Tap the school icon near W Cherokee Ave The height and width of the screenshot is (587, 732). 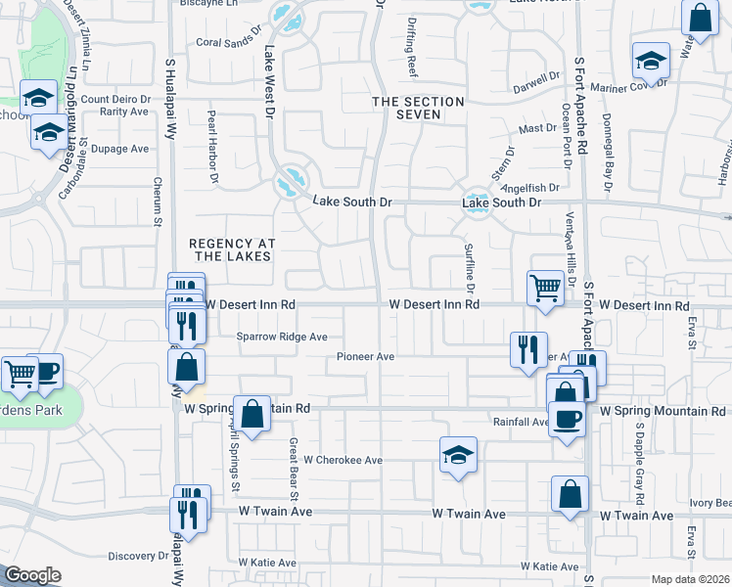[457, 454]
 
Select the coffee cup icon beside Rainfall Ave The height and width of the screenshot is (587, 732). [567, 419]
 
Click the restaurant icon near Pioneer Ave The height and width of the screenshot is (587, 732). [527, 348]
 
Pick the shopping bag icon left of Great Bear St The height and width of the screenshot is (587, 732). [252, 413]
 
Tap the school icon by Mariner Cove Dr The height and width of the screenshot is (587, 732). [651, 61]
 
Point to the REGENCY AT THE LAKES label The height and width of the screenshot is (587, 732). [232, 250]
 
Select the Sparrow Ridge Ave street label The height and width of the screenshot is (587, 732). [282, 337]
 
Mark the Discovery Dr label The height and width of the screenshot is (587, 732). [138, 556]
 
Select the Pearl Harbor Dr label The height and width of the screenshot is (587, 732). [211, 147]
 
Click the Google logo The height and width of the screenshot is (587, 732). [32, 575]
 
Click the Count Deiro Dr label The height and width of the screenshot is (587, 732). [115, 99]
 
